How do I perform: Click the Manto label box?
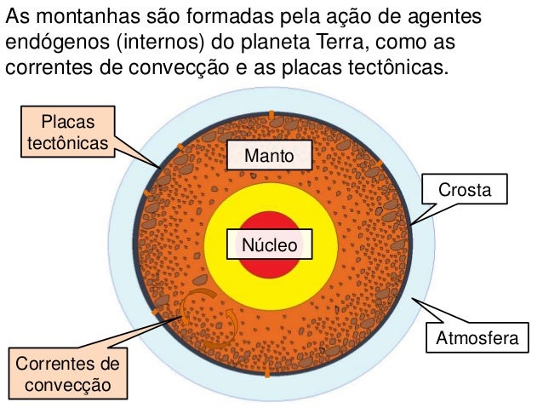[269, 156]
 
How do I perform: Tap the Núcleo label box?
[270, 245]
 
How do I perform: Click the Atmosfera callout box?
[477, 339]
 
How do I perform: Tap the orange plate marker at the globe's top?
[271, 115]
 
